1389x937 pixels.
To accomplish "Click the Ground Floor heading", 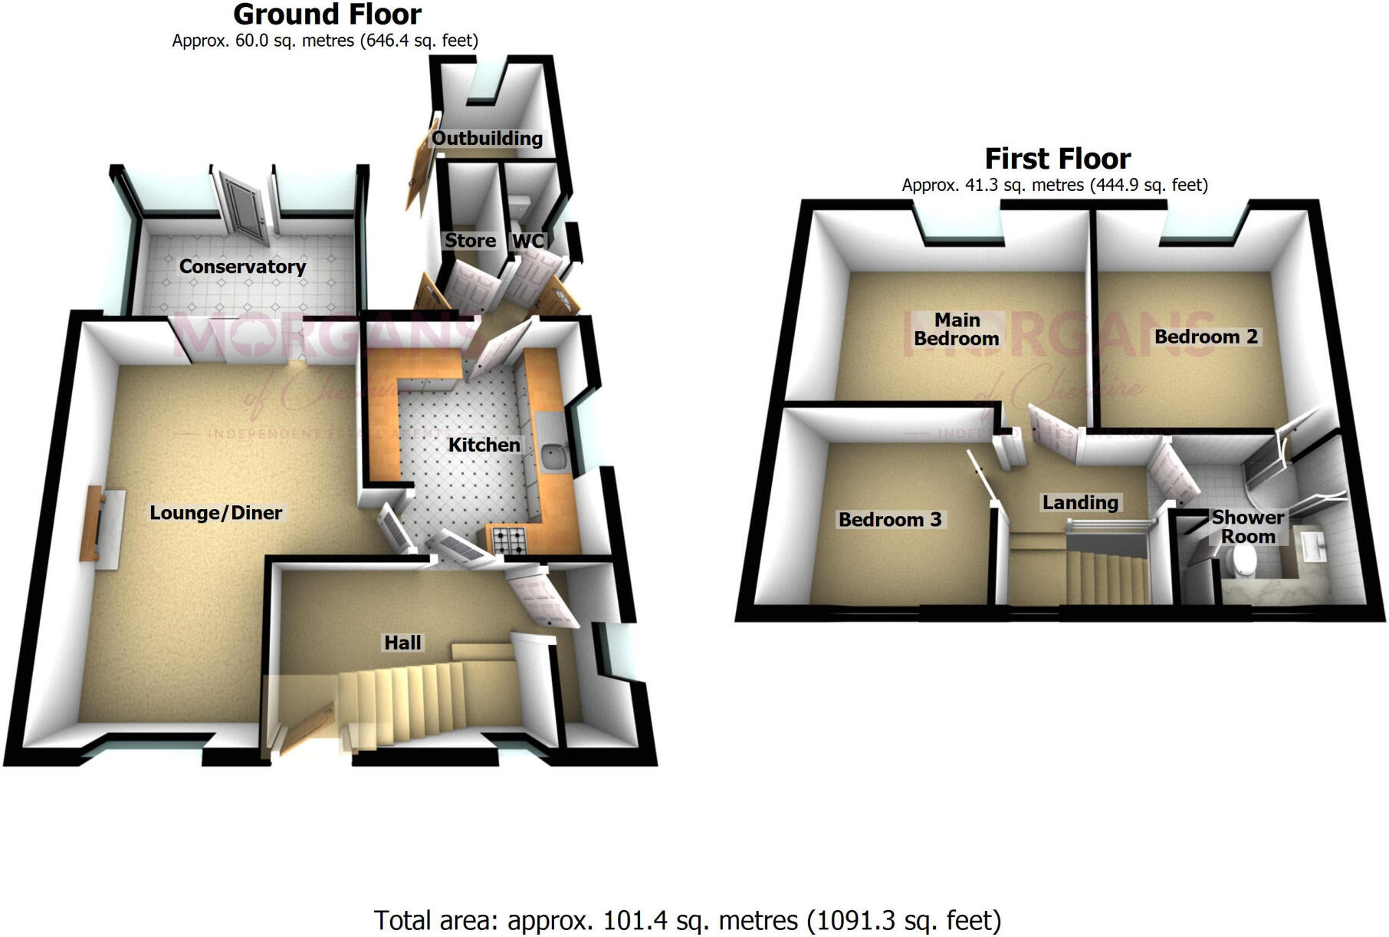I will (x=327, y=15).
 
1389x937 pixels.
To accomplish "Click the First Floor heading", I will (x=1057, y=159).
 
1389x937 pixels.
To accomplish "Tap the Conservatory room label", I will (x=242, y=267).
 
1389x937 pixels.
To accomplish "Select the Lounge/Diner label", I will (x=215, y=513).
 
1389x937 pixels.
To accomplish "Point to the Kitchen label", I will (x=484, y=445).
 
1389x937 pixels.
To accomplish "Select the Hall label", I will (x=402, y=643).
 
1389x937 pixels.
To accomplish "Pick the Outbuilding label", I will (x=487, y=139).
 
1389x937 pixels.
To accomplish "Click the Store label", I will (x=470, y=241).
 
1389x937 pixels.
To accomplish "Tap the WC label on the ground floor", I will (x=528, y=241).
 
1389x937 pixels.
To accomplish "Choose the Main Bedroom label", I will (x=957, y=329).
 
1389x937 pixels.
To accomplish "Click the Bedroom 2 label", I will (x=1206, y=337).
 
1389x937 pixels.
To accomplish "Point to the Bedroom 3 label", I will (x=889, y=520).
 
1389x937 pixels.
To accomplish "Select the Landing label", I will (x=1079, y=503).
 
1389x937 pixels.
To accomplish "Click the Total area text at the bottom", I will (x=687, y=919).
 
